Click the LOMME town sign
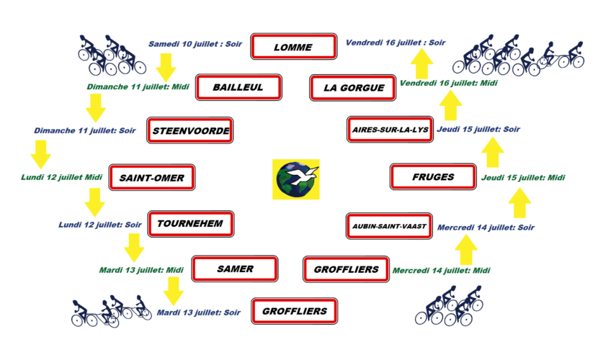294,48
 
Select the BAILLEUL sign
238,88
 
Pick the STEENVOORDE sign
191,131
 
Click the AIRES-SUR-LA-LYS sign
389,130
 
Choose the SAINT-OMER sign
151,177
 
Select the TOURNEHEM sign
191,225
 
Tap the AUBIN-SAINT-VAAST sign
388,226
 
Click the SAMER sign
235,269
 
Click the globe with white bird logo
296,179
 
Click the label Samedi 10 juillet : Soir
195,43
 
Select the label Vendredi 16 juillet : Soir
396,42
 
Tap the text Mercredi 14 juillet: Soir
486,228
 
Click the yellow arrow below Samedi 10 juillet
166,67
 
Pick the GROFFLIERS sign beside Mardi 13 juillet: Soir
294,312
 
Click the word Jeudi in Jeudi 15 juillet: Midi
494,177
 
